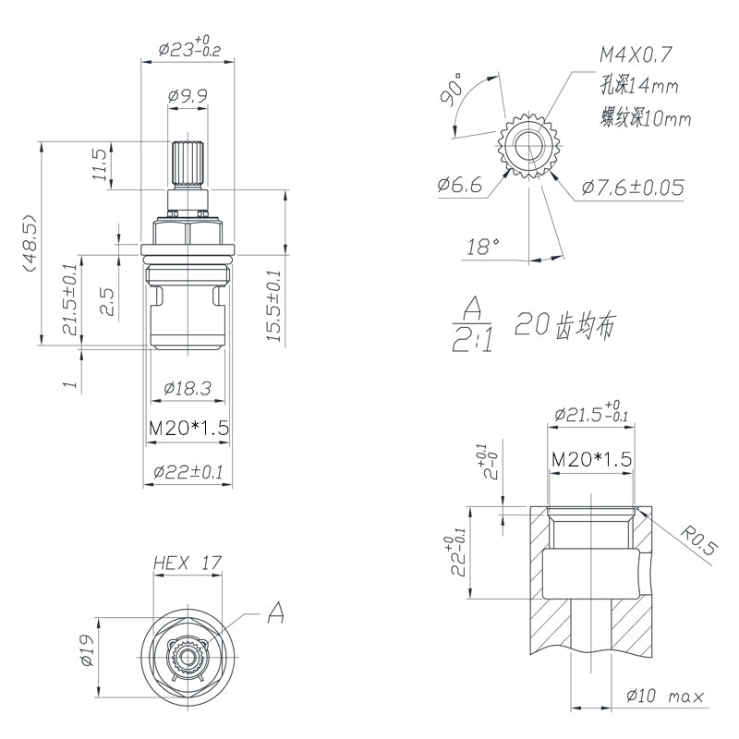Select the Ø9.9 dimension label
188,94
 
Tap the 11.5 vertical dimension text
101,165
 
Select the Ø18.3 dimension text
188,389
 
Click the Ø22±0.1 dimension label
188,472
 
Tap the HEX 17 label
188,562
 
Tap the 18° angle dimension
482,247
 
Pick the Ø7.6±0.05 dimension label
633,188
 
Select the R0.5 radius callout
699,539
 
